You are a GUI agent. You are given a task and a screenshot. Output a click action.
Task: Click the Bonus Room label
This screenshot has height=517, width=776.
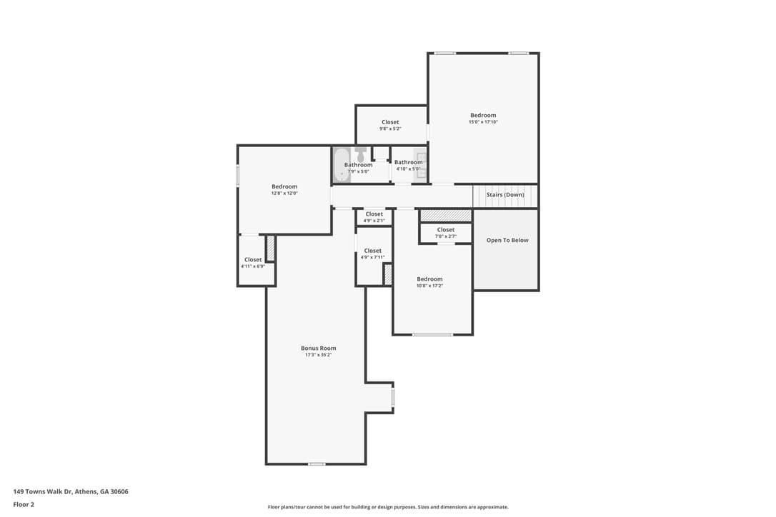pyautogui.click(x=318, y=348)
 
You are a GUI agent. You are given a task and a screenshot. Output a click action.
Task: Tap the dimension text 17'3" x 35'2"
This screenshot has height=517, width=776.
pyautogui.click(x=318, y=355)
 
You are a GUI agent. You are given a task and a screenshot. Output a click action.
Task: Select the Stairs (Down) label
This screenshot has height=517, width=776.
pyautogui.click(x=504, y=195)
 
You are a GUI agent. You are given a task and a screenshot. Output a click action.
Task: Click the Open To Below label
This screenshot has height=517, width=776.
pyautogui.click(x=507, y=241)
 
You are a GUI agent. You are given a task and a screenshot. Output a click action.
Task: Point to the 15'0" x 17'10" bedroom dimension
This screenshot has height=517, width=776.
pyautogui.click(x=483, y=121)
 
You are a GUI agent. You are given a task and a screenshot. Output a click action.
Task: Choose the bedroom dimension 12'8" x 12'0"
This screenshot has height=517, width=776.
pyautogui.click(x=284, y=194)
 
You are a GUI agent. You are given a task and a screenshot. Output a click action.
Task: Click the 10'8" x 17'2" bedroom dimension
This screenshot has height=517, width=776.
pyautogui.click(x=429, y=286)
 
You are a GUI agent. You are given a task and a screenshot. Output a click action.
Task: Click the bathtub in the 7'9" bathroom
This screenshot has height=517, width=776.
pyautogui.click(x=341, y=165)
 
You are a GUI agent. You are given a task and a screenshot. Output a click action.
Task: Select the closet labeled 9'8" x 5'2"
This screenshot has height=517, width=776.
pyautogui.click(x=390, y=125)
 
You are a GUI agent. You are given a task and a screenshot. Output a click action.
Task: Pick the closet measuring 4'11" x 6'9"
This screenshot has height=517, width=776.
pyautogui.click(x=253, y=260)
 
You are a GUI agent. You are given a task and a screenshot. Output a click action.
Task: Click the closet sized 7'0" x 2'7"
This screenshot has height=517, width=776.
pyautogui.click(x=446, y=233)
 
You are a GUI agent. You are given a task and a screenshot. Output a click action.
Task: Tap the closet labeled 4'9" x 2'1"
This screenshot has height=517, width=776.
pyautogui.click(x=374, y=217)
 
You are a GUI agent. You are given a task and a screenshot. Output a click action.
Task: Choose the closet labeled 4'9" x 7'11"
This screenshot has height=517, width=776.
pyautogui.click(x=373, y=254)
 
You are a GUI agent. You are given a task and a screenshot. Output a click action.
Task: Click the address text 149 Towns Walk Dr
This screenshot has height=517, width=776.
pyautogui.click(x=43, y=492)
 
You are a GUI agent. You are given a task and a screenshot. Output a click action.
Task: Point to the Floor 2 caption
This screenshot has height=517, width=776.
pyautogui.click(x=24, y=505)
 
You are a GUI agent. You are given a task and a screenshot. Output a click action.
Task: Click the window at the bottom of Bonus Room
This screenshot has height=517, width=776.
pyautogui.click(x=317, y=464)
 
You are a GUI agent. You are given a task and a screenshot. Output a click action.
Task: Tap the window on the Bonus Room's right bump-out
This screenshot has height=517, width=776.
pyautogui.click(x=393, y=397)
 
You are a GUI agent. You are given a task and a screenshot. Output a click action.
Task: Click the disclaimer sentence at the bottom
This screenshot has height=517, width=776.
pyautogui.click(x=388, y=507)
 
